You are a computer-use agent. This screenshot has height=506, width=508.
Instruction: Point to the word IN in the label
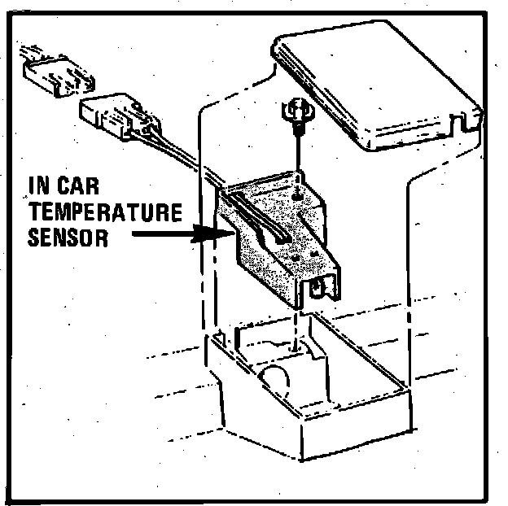pos(37,185)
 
